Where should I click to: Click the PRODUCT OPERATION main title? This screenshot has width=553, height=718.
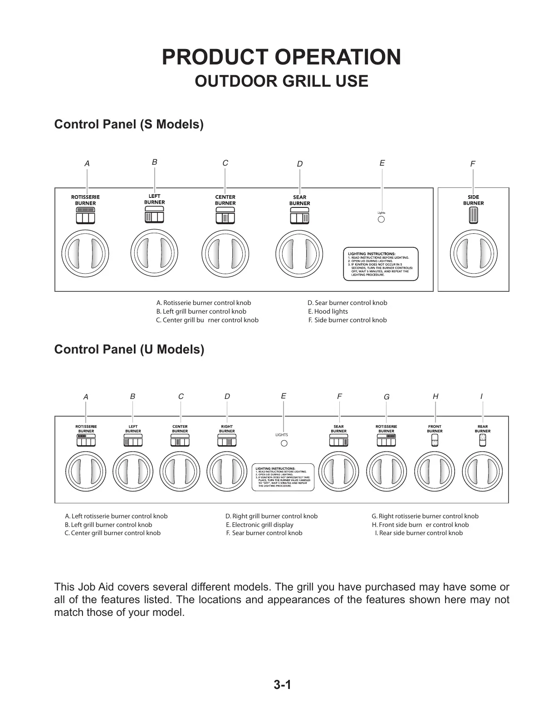point(281,57)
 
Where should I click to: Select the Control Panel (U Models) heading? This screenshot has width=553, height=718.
point(129,349)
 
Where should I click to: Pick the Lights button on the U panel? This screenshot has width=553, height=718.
point(284,443)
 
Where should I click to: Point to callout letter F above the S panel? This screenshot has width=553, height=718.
point(473,164)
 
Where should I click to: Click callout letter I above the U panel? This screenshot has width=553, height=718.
point(481,396)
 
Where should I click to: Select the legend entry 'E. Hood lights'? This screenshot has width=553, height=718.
point(328,311)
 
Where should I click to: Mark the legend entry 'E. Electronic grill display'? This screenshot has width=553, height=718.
point(259,525)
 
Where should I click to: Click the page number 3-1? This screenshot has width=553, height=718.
point(282,685)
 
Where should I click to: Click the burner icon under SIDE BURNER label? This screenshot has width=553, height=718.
point(473,216)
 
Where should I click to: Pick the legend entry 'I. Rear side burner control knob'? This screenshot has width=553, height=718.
point(419,533)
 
